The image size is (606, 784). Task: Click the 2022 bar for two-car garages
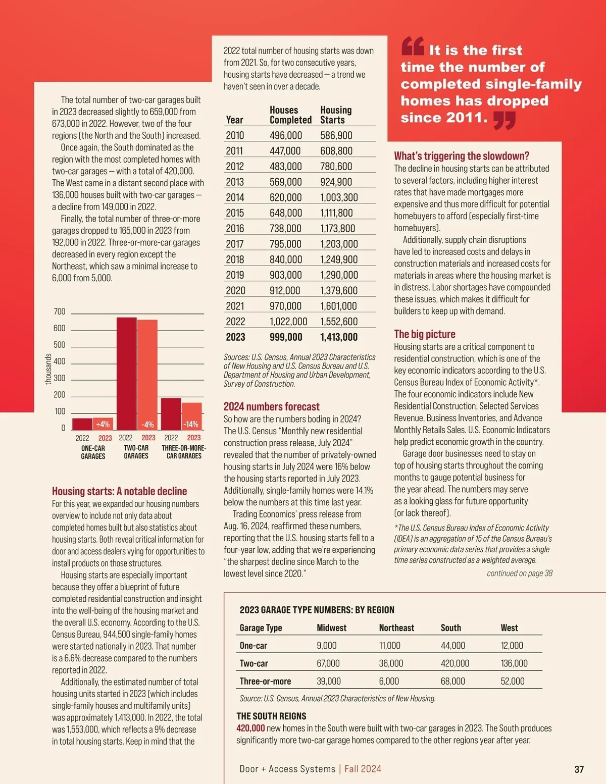point(126,373)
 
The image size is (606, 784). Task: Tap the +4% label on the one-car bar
point(103,424)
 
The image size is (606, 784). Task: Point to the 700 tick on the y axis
point(60,311)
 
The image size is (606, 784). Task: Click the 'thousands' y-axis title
point(48,369)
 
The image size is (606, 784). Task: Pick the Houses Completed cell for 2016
point(285,228)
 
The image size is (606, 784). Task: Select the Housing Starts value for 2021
point(338,306)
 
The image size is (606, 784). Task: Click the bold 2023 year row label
point(235,337)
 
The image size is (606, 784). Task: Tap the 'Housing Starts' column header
point(336,115)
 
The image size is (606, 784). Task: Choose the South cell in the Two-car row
point(454,663)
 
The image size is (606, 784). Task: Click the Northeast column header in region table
point(396,628)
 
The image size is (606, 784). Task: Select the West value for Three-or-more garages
point(513,681)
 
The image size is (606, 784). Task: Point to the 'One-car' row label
point(254,646)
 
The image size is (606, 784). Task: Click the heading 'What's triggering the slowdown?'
point(462,156)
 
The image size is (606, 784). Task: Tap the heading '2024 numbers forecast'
point(271,406)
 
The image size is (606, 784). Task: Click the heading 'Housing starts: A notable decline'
point(119,491)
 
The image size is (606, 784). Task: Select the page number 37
point(579,769)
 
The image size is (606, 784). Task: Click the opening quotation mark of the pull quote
point(412,46)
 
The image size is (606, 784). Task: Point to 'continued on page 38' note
point(520,573)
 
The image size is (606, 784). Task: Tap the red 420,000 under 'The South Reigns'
point(250,728)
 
